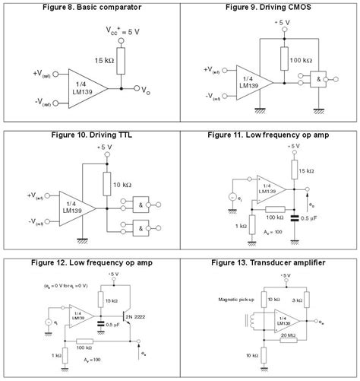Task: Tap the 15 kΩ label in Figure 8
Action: (105, 60)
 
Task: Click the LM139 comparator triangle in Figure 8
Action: (82, 82)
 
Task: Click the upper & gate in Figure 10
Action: (142, 204)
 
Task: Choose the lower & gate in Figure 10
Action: (142, 226)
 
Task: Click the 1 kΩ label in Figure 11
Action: (240, 227)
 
